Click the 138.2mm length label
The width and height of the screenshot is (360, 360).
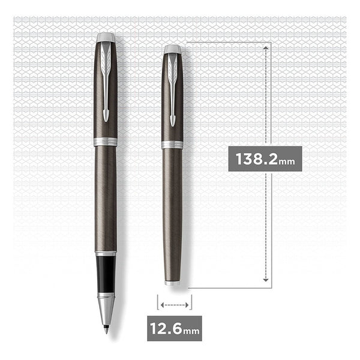[265, 159]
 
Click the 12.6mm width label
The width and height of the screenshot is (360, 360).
[175, 328]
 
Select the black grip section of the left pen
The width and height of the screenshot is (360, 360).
[106, 274]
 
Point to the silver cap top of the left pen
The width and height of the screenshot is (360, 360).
[106, 38]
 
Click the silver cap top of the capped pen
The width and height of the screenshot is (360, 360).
[172, 49]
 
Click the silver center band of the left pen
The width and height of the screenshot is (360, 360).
[106, 142]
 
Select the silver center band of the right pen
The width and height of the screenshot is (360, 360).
[172, 145]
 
